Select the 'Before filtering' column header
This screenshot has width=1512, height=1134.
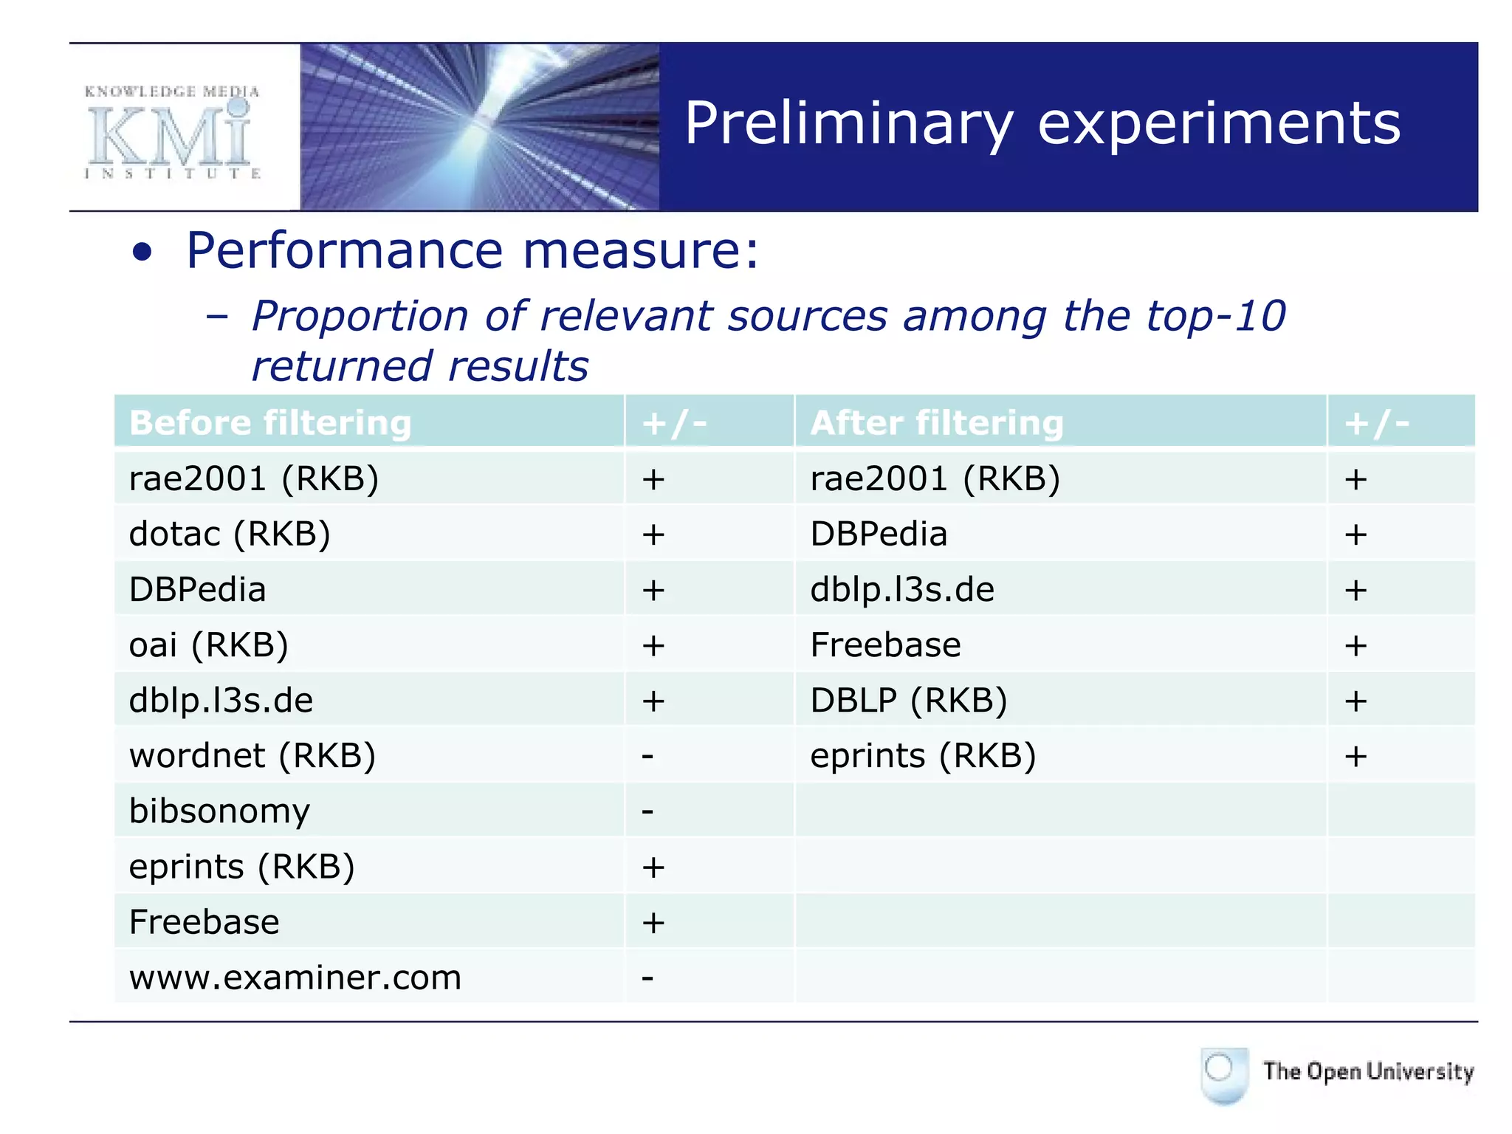pyautogui.click(x=269, y=423)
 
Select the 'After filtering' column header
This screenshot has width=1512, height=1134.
pyautogui.click(x=936, y=423)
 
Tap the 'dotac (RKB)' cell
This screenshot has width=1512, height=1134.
pyautogui.click(x=230, y=534)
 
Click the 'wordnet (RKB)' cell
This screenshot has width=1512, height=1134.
pyautogui.click(x=252, y=755)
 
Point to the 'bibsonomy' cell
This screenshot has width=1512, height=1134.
pyautogui.click(x=219, y=811)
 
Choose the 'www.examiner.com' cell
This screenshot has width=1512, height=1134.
pyautogui.click(x=295, y=977)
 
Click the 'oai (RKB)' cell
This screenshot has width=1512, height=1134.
pyautogui.click(x=208, y=645)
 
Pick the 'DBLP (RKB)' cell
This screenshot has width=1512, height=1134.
pyautogui.click(x=908, y=700)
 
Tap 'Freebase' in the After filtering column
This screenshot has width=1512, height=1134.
pyautogui.click(x=885, y=645)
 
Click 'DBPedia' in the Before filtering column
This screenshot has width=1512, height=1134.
pyautogui.click(x=197, y=589)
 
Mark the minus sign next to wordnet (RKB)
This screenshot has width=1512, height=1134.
pyautogui.click(x=647, y=756)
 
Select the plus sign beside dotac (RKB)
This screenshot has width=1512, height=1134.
pyautogui.click(x=653, y=535)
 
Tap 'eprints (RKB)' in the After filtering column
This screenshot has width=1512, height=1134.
pyautogui.click(x=923, y=755)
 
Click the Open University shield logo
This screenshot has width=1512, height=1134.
pyautogui.click(x=1224, y=1073)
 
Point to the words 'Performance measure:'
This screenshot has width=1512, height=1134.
pyautogui.click(x=472, y=250)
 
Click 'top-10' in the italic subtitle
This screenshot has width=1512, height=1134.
pyautogui.click(x=1215, y=316)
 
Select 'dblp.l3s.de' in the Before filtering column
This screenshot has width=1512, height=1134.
pyautogui.click(x=221, y=700)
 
